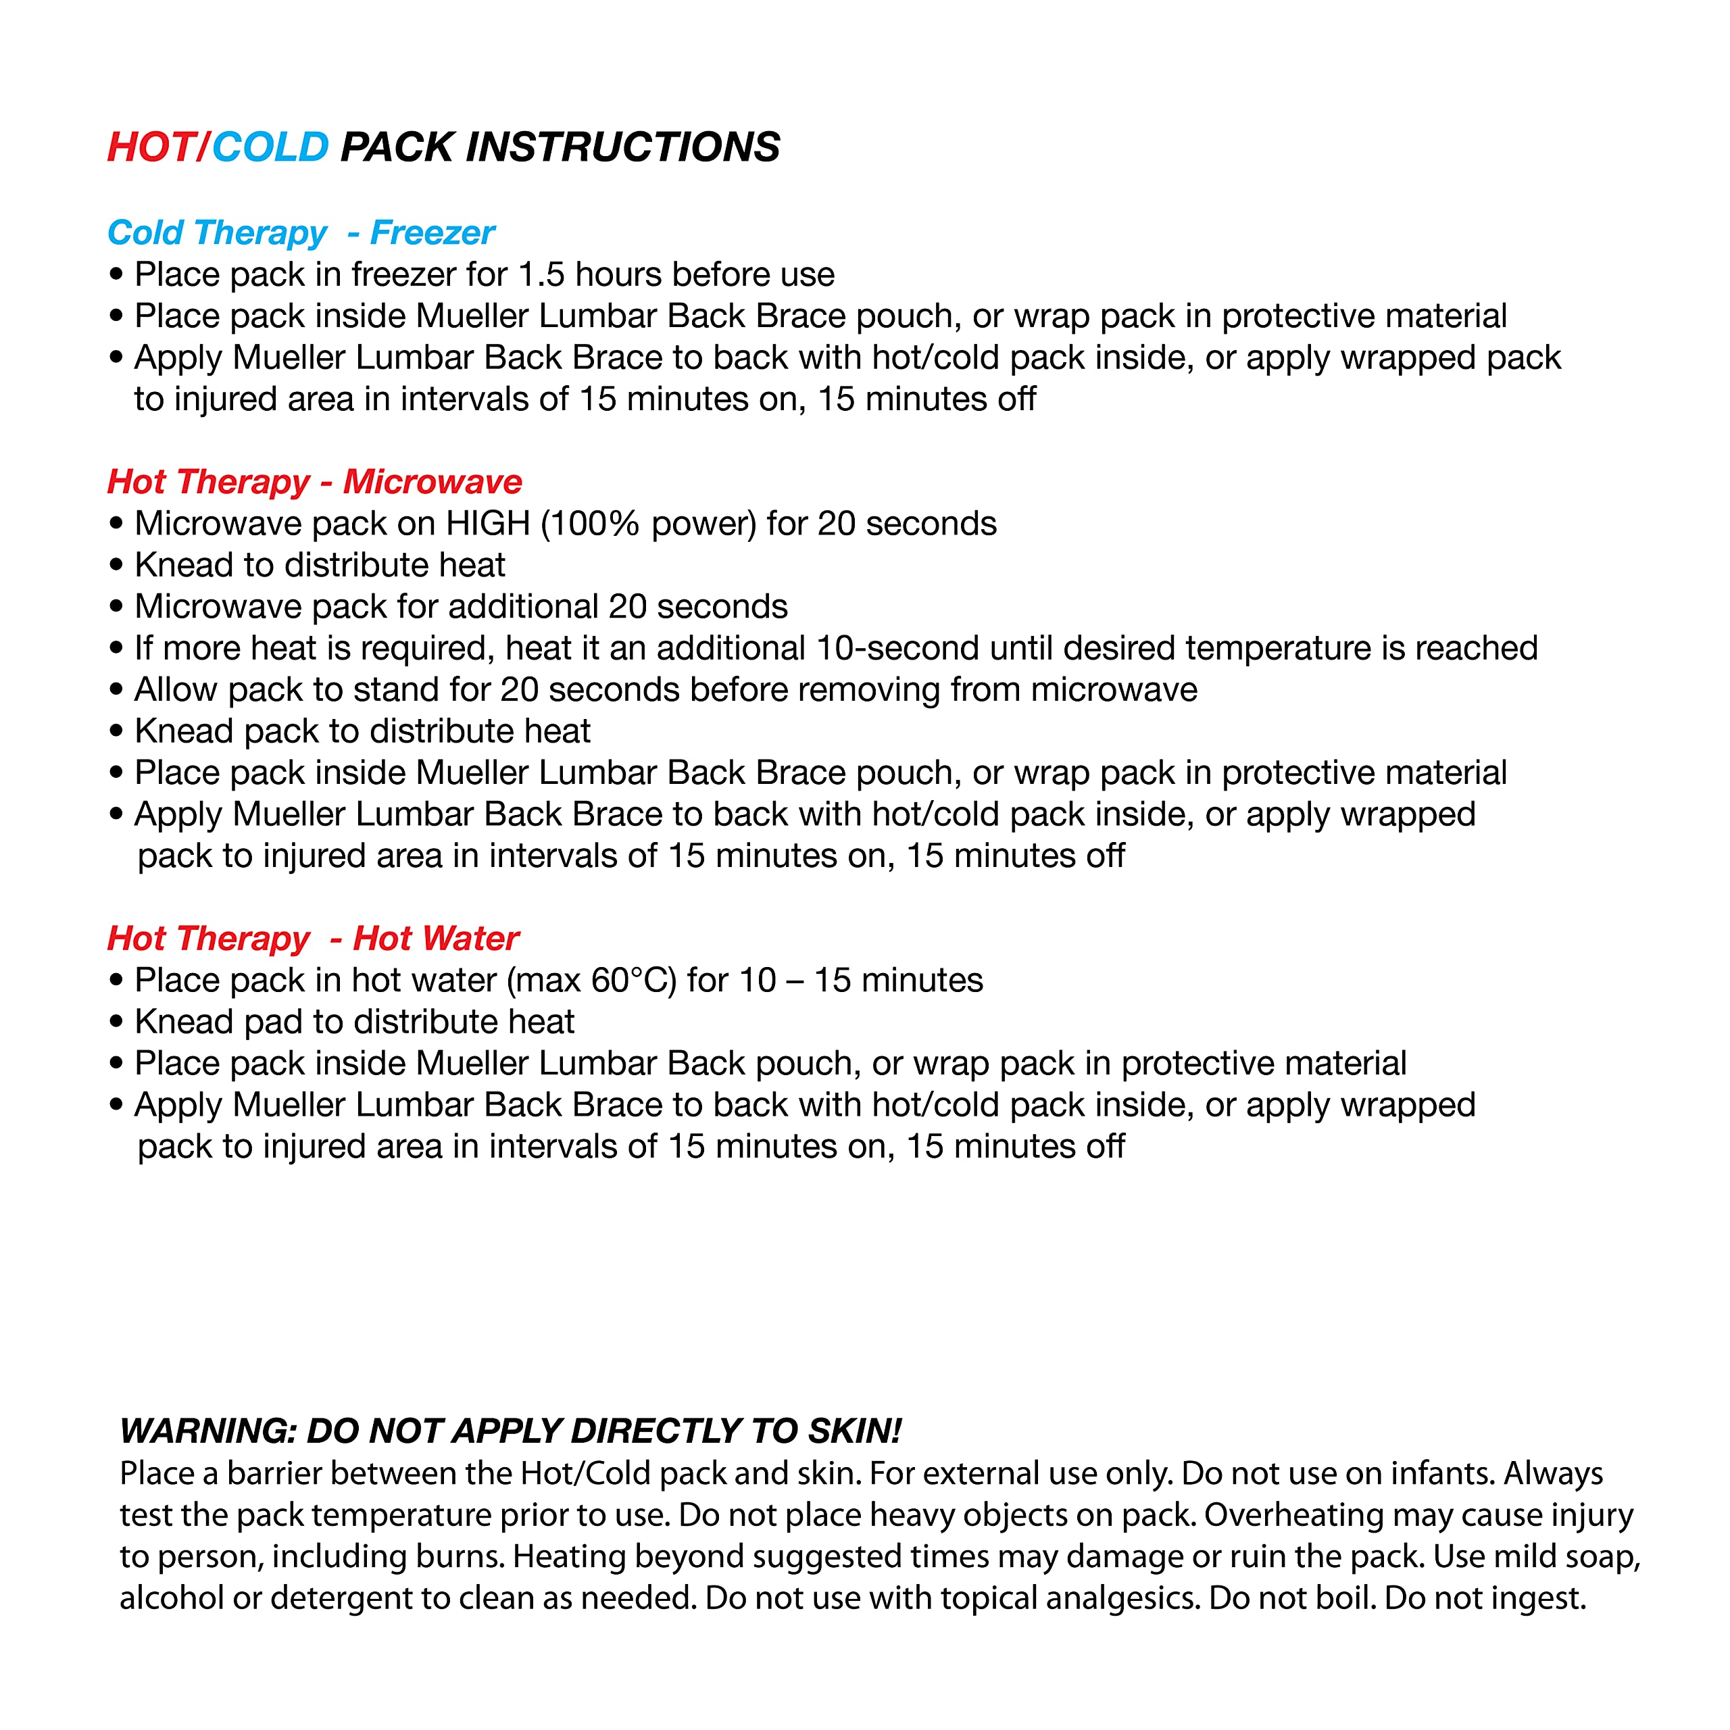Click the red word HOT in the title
[151, 147]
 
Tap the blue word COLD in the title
[270, 147]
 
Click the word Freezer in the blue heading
[432, 233]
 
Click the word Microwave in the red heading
[432, 482]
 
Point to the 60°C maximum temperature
[633, 981]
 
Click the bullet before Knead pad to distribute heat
[116, 1022]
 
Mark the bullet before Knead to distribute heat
[116, 566]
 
